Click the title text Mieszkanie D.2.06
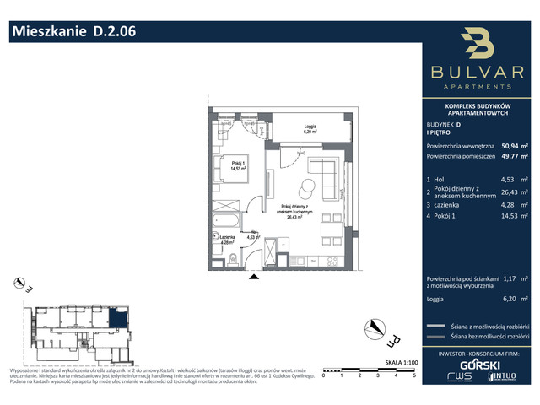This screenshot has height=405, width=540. point(72,33)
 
